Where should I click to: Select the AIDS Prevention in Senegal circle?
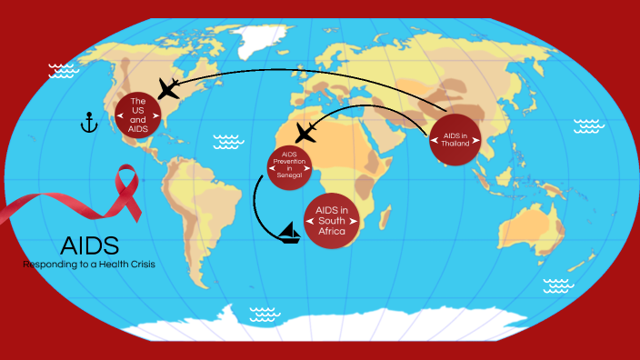pyautogui.click(x=291, y=166)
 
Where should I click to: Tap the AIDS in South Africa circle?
pyautogui.click(x=332, y=221)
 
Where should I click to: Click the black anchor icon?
pyautogui.click(x=88, y=122)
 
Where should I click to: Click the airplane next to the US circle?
pyautogui.click(x=169, y=88)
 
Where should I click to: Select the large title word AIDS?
pyautogui.click(x=89, y=245)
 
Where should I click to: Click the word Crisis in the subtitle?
pyautogui.click(x=136, y=264)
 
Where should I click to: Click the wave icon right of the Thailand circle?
pyautogui.click(x=588, y=125)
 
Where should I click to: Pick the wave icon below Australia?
pyautogui.click(x=558, y=285)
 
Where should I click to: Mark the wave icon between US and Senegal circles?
pyautogui.click(x=226, y=141)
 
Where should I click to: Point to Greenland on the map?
pyautogui.click(x=259, y=38)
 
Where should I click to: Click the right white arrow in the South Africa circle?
pyautogui.click(x=356, y=221)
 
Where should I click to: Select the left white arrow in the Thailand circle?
pyautogui.click(x=433, y=140)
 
